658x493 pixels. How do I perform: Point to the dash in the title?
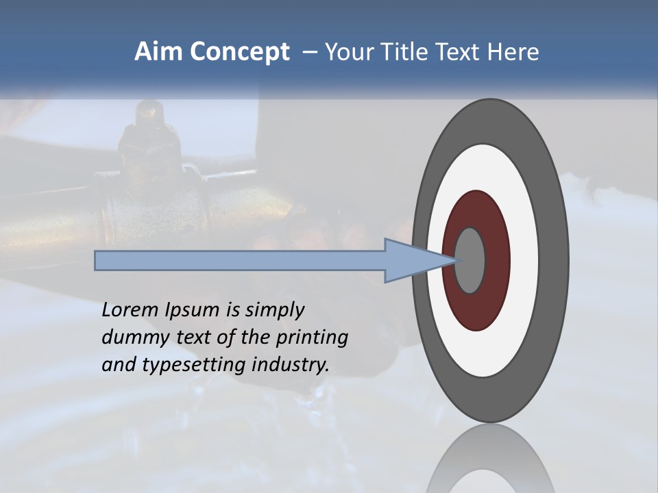pyautogui.click(x=308, y=53)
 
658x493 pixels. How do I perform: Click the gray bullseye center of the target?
pyautogui.click(x=470, y=261)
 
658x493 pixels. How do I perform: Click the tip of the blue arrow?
pyautogui.click(x=455, y=260)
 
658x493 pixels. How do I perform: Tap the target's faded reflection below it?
pyautogui.click(x=491, y=462)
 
